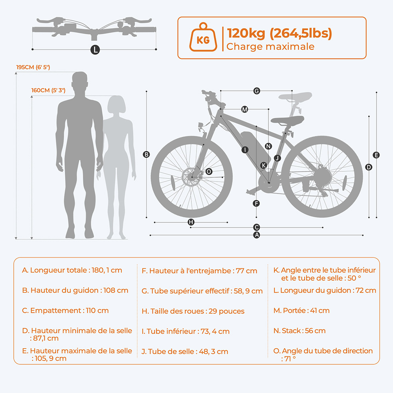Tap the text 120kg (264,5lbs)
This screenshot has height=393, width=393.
pos(279,33)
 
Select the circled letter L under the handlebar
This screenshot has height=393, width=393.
pos(94,50)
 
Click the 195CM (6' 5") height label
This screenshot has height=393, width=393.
pos(33,67)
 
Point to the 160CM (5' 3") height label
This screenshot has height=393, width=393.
pos(48,90)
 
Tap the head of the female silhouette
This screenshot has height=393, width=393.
pos(117,105)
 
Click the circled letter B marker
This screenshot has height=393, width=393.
pos(146,154)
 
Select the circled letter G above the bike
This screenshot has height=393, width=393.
pos(257,91)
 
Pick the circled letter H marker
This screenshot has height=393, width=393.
pos(191,222)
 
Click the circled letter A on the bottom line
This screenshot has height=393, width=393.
pos(257,235)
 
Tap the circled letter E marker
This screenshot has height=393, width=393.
pos(376,155)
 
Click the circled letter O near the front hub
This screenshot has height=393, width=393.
pos(209,171)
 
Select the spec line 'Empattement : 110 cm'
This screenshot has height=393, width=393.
pos(65,310)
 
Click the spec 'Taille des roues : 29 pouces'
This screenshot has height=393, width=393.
pos(193,311)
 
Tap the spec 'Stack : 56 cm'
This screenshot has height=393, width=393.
pos(299,331)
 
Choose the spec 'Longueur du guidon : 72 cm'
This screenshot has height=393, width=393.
pos(325,290)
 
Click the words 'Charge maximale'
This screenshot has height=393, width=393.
pos(270,47)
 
